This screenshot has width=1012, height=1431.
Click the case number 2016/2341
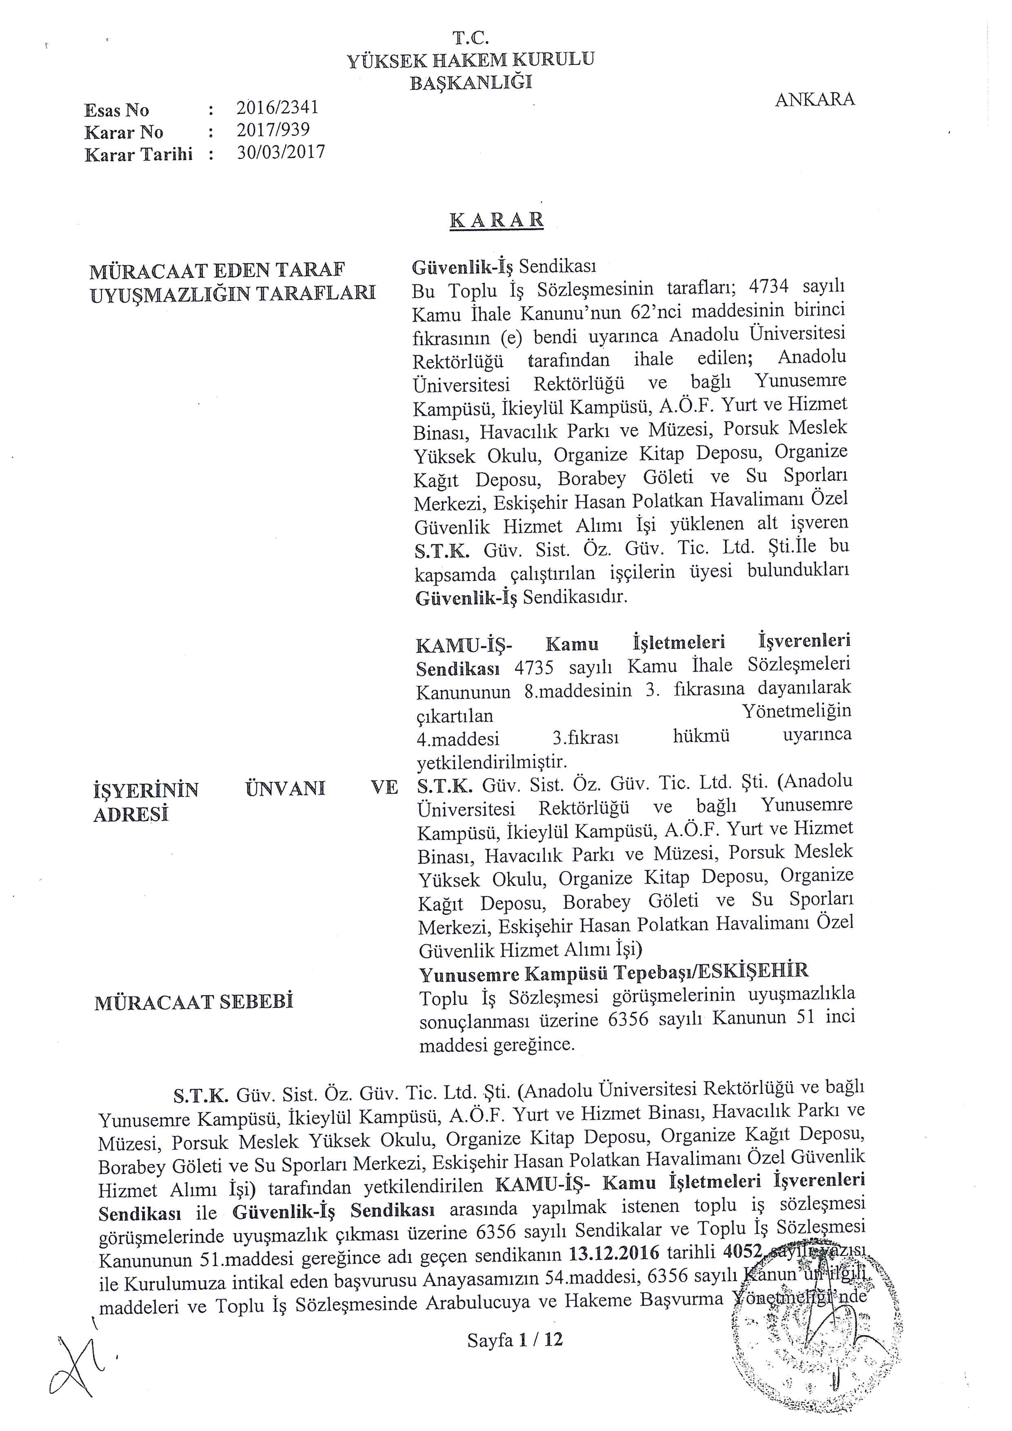coord(277,108)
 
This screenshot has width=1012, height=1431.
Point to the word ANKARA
coord(814,100)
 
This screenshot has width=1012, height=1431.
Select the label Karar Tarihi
coord(138,155)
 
